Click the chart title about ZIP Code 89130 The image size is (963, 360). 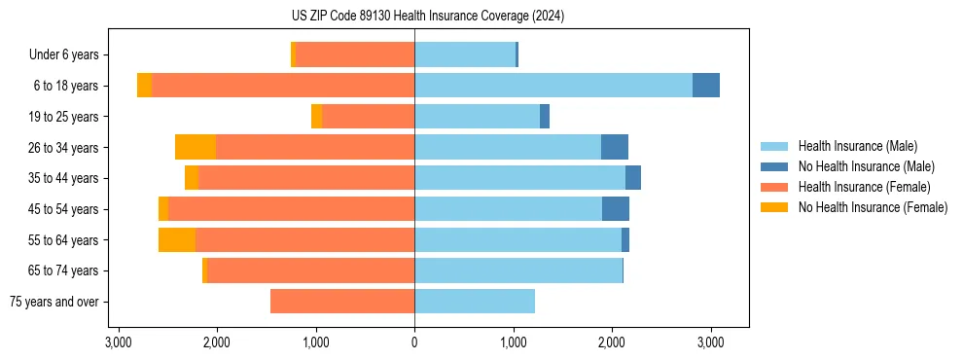[x=428, y=17]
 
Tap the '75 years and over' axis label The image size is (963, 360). [x=53, y=302]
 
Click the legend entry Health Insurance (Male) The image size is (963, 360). [x=857, y=146]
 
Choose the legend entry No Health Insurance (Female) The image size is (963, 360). [x=873, y=207]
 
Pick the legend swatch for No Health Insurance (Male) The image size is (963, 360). [x=774, y=166]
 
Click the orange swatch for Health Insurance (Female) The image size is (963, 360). [x=774, y=187]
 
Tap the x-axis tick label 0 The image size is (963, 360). [x=414, y=342]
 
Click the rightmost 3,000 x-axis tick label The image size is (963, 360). [x=710, y=342]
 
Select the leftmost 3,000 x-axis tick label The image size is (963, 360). [x=119, y=342]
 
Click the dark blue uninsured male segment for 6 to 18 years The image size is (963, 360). [x=706, y=86]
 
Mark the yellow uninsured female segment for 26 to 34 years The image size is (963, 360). [x=196, y=147]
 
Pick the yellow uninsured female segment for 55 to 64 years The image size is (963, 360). [x=177, y=239]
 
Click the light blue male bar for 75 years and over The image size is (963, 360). [x=475, y=302]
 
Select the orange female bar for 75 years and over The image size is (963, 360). [x=342, y=302]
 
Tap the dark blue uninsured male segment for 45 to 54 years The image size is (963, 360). [x=616, y=209]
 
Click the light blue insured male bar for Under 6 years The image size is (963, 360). [x=465, y=54]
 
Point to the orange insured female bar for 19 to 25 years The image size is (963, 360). [x=369, y=117]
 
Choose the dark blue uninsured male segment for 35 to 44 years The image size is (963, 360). [x=633, y=178]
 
